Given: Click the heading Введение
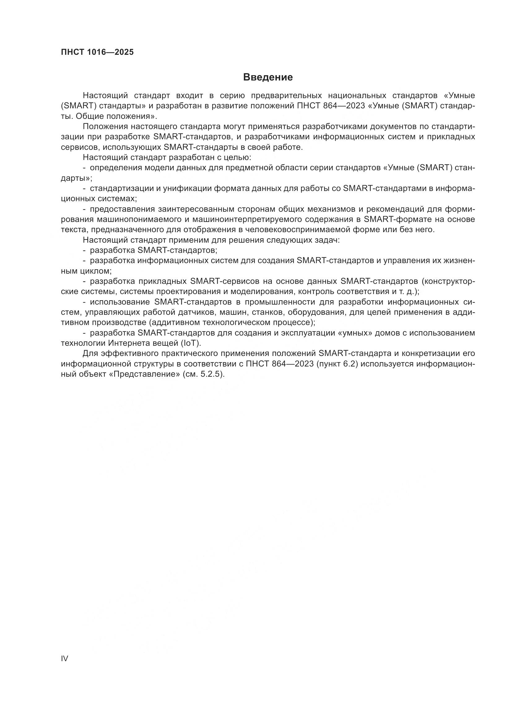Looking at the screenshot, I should pyautogui.click(x=268, y=77).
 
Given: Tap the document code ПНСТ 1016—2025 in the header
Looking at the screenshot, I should pyautogui.click(x=97, y=52).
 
